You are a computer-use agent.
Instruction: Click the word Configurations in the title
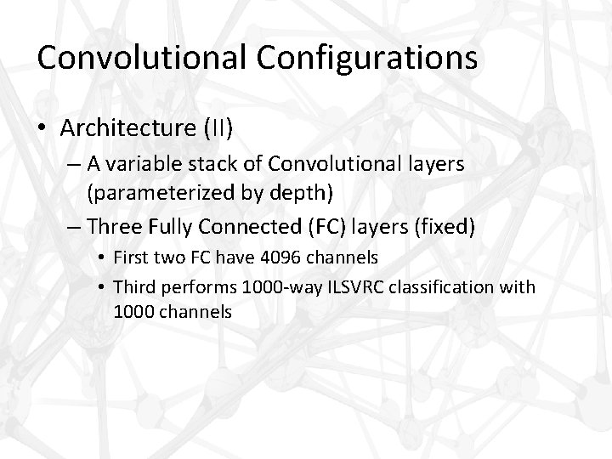pos(365,57)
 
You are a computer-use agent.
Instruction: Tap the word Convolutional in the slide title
pos(139,57)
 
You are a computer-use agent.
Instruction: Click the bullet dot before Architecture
pos(43,128)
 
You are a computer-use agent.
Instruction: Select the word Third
pos(135,286)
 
